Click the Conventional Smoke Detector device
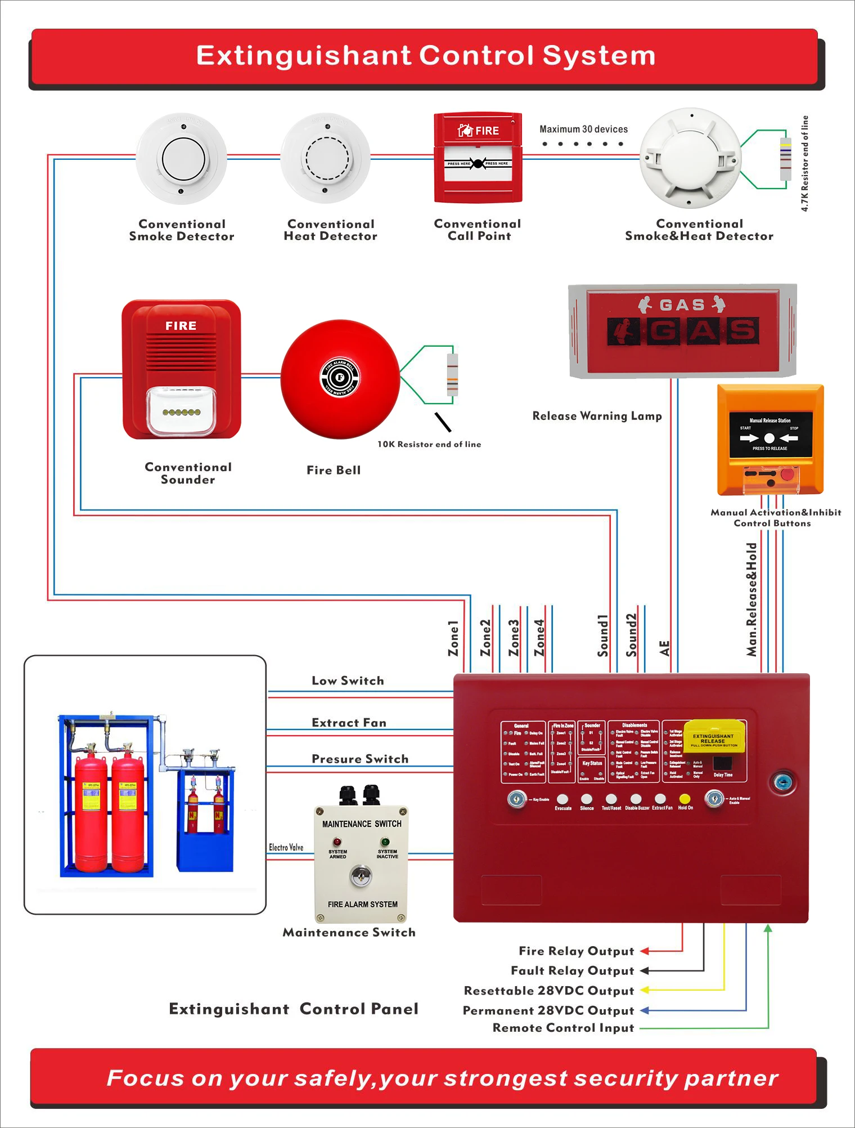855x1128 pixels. coord(181,159)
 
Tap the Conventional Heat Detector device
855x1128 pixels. coord(326,159)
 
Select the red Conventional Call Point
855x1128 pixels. coord(478,158)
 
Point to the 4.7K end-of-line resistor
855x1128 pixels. coord(785,159)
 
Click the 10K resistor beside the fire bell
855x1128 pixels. coord(452,374)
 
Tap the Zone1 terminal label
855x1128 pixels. coord(453,638)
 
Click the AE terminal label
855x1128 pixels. coord(665,648)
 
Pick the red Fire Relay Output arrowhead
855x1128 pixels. coord(645,951)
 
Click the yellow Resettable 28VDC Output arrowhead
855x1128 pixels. coord(645,990)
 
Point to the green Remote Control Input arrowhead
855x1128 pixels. coord(768,928)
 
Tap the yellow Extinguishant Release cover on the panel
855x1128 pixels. coord(713,738)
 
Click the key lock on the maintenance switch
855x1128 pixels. coord(360,876)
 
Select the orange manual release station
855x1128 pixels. coord(770,439)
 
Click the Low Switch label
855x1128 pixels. coord(348,681)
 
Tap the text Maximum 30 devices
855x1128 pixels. coord(583,129)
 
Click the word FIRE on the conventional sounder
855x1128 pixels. coord(181,326)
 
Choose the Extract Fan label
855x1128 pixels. coord(349,723)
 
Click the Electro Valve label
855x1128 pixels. coord(286,847)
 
